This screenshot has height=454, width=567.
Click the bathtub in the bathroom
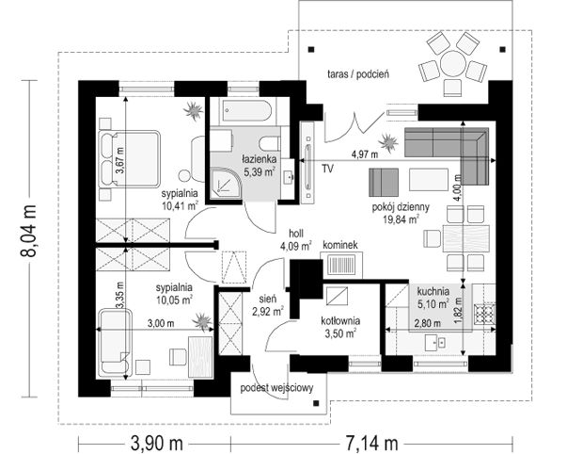pos(247,111)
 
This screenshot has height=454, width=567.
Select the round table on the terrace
pos(452,63)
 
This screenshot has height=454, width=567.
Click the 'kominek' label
pos(339,245)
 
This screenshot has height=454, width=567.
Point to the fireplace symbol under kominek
pos(341,264)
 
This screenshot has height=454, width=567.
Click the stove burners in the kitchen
pos(484,314)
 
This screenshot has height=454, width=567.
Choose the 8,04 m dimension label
pos(28,231)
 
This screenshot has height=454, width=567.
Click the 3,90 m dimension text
pos(157,443)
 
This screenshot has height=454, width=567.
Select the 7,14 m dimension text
pos(371,443)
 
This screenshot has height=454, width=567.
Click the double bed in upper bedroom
pos(129,158)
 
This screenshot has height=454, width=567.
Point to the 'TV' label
pos(327,169)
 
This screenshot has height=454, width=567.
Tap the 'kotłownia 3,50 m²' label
pos(340,327)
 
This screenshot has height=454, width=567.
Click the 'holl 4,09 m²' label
pos(296,239)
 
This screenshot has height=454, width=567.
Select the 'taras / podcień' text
pos(358,74)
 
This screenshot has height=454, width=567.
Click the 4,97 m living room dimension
pos(365,154)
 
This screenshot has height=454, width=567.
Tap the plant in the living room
pos(388,142)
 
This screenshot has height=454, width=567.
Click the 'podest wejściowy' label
pos(277,388)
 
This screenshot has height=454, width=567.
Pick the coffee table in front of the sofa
pos(429,179)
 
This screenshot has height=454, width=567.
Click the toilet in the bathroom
pos(271,143)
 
